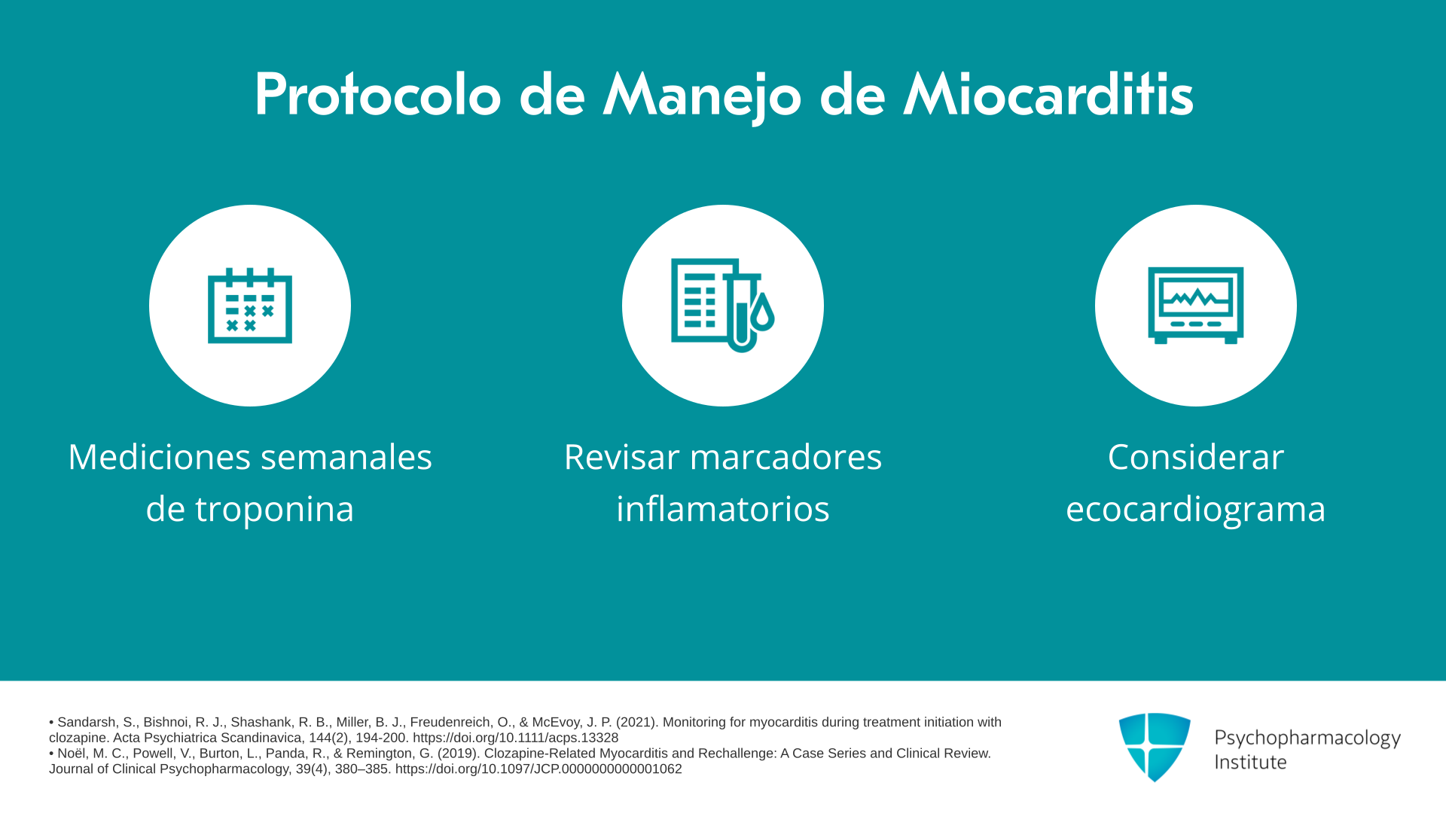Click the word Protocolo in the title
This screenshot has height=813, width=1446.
377,95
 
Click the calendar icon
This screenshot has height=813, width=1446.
250,305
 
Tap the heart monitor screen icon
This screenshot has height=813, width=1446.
1196,305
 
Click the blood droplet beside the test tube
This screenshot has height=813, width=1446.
763,312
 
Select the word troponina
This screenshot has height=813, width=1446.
275,510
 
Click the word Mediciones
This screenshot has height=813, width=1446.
159,457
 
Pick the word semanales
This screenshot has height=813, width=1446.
346,457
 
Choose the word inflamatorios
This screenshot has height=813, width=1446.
723,508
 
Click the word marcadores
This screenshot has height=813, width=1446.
786,457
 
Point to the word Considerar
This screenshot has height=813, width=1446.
1196,457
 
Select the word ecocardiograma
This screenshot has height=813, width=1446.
1196,510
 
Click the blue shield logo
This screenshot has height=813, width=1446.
1155,747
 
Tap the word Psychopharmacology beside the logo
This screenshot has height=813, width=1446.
1307,738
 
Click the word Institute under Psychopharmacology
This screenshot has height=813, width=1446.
1250,762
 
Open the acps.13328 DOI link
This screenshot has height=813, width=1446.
515,738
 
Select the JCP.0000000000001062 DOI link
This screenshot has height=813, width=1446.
538,769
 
